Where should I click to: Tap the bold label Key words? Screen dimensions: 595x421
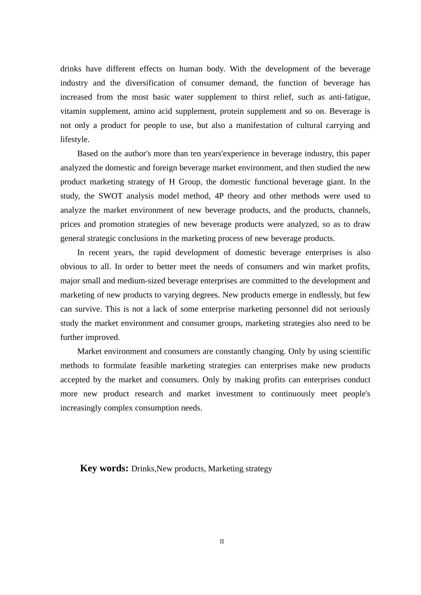pos(104,468)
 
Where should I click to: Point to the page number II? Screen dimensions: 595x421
pos(222,541)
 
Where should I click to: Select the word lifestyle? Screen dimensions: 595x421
pos(74,139)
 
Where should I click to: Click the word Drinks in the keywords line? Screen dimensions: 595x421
pos(143,469)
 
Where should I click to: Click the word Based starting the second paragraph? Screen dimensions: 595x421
pos(87,154)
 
